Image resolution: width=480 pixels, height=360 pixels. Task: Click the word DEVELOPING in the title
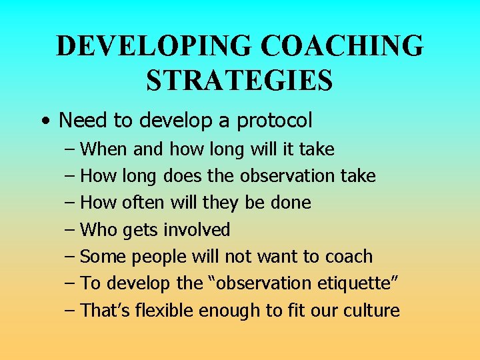pos(154,47)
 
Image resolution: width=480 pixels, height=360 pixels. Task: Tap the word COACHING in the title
pos(341,47)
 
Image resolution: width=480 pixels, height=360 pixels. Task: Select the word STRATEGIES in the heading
pos(239,81)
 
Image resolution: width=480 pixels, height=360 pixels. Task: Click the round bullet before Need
pos(43,121)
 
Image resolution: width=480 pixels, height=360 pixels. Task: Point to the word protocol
pos(273,121)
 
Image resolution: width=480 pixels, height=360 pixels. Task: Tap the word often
pos(142,203)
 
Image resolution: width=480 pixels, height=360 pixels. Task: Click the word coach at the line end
pos(349,257)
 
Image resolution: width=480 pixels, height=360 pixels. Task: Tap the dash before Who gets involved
pos(70,231)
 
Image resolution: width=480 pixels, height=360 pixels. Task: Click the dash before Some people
pos(70,257)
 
